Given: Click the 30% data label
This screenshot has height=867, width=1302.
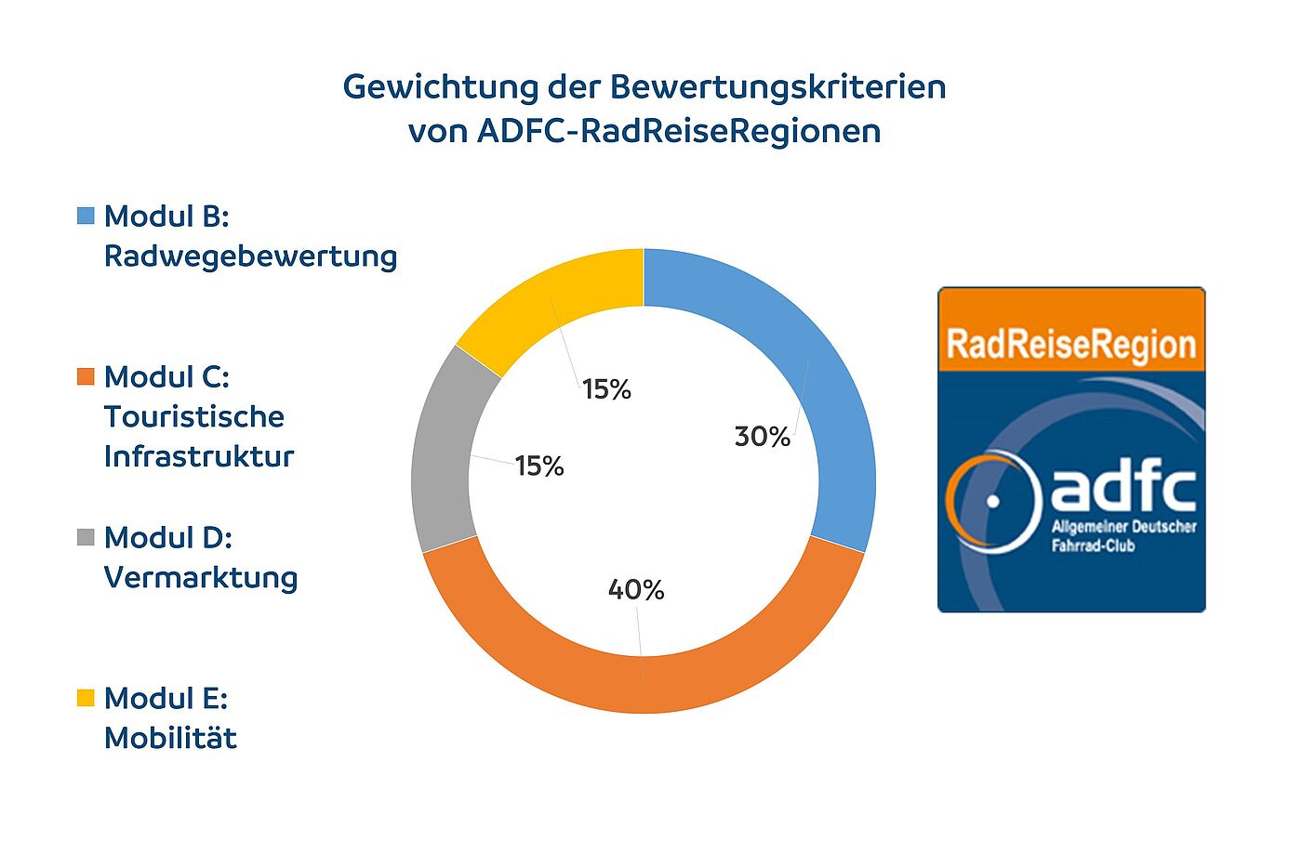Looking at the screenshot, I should coord(763,436).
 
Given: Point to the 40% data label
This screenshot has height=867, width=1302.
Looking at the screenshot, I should coord(636,589).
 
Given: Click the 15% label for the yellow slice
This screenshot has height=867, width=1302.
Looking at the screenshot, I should coord(606,389).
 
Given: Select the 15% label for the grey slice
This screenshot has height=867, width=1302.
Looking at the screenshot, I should coord(539,466).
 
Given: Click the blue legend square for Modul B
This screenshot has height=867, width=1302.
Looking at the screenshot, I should coord(86,216).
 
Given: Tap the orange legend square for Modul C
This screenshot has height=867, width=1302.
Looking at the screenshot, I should coord(86,376).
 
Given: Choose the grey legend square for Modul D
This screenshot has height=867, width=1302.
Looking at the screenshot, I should coord(86,537).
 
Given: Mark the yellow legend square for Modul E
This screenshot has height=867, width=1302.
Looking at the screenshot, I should coord(86,698).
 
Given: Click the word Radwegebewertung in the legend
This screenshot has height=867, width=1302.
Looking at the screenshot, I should coord(250,256).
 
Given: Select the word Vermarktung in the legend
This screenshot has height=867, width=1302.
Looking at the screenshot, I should coord(201,577).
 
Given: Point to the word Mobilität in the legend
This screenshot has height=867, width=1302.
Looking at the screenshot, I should coord(170,738).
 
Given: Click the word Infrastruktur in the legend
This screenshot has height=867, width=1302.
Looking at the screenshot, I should coord(199,456).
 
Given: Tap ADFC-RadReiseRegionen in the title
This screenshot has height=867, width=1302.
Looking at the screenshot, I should coord(679,131).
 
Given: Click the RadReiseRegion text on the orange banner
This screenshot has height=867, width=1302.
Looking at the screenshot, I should coord(1071,344).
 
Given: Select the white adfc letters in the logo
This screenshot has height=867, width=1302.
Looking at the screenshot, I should coord(1123,489).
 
